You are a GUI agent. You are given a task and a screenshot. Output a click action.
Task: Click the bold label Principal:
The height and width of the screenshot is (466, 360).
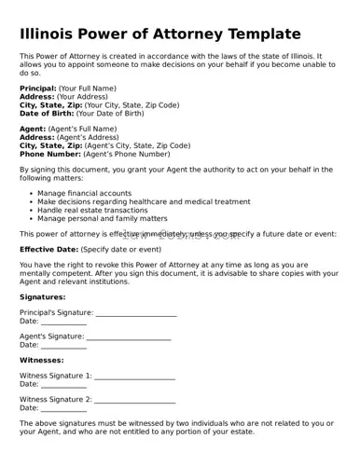click(x=37, y=88)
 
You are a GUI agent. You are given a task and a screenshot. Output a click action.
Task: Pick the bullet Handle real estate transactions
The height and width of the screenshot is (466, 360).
click(x=92, y=210)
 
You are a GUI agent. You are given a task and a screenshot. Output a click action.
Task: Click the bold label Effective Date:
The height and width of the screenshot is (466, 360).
click(x=48, y=250)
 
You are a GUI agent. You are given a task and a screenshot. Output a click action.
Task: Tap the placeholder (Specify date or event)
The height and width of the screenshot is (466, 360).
click(x=121, y=250)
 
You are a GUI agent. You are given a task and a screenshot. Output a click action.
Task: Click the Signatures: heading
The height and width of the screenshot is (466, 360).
click(x=42, y=296)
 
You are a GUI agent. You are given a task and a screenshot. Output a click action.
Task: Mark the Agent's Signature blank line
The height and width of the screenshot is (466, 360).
click(x=130, y=337)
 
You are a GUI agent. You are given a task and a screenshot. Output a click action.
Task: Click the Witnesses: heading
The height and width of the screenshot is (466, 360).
click(x=42, y=360)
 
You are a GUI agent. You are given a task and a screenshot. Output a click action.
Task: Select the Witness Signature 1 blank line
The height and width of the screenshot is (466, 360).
click(x=134, y=377)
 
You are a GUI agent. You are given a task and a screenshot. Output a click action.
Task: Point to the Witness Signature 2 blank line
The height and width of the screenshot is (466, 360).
click(x=134, y=401)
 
